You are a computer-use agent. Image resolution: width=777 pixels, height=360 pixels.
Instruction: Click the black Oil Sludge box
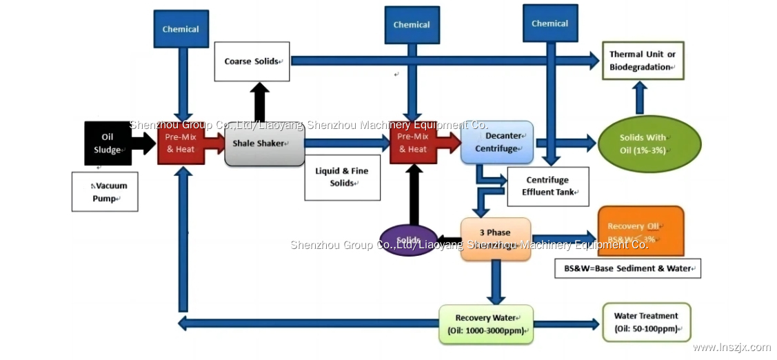(x=108, y=143)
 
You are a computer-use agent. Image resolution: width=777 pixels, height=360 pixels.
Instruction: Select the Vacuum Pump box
(x=105, y=191)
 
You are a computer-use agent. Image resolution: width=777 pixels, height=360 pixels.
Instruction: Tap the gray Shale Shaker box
(x=264, y=143)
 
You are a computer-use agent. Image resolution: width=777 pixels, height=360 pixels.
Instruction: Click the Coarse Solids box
(x=252, y=61)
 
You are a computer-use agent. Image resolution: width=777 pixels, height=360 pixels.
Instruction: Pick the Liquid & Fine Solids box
(x=342, y=177)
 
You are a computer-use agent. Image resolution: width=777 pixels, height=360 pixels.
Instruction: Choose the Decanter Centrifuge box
(x=497, y=142)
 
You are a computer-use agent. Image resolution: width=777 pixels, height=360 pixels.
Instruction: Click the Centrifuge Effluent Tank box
(x=548, y=186)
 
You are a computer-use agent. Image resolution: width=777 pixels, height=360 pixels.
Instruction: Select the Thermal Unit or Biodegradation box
(x=641, y=61)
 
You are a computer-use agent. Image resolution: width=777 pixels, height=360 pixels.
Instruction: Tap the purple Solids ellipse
(x=408, y=240)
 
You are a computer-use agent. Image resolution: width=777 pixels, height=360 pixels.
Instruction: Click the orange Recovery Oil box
(x=640, y=231)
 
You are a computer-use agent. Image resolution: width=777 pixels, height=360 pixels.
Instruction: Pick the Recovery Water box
(x=486, y=324)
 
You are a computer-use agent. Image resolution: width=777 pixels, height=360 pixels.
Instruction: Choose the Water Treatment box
(x=646, y=322)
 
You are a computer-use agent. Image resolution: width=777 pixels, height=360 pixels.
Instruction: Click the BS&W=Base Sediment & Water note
(x=627, y=268)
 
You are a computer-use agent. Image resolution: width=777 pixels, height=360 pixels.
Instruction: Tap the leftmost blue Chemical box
(x=181, y=29)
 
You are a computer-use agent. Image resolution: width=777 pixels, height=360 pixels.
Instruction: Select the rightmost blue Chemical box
(x=549, y=23)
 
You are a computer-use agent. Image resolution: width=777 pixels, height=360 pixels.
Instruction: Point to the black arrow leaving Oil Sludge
(x=143, y=143)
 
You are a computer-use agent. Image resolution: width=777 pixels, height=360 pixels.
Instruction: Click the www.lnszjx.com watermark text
(x=731, y=348)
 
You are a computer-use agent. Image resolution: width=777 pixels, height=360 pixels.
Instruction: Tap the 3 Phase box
(x=495, y=239)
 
